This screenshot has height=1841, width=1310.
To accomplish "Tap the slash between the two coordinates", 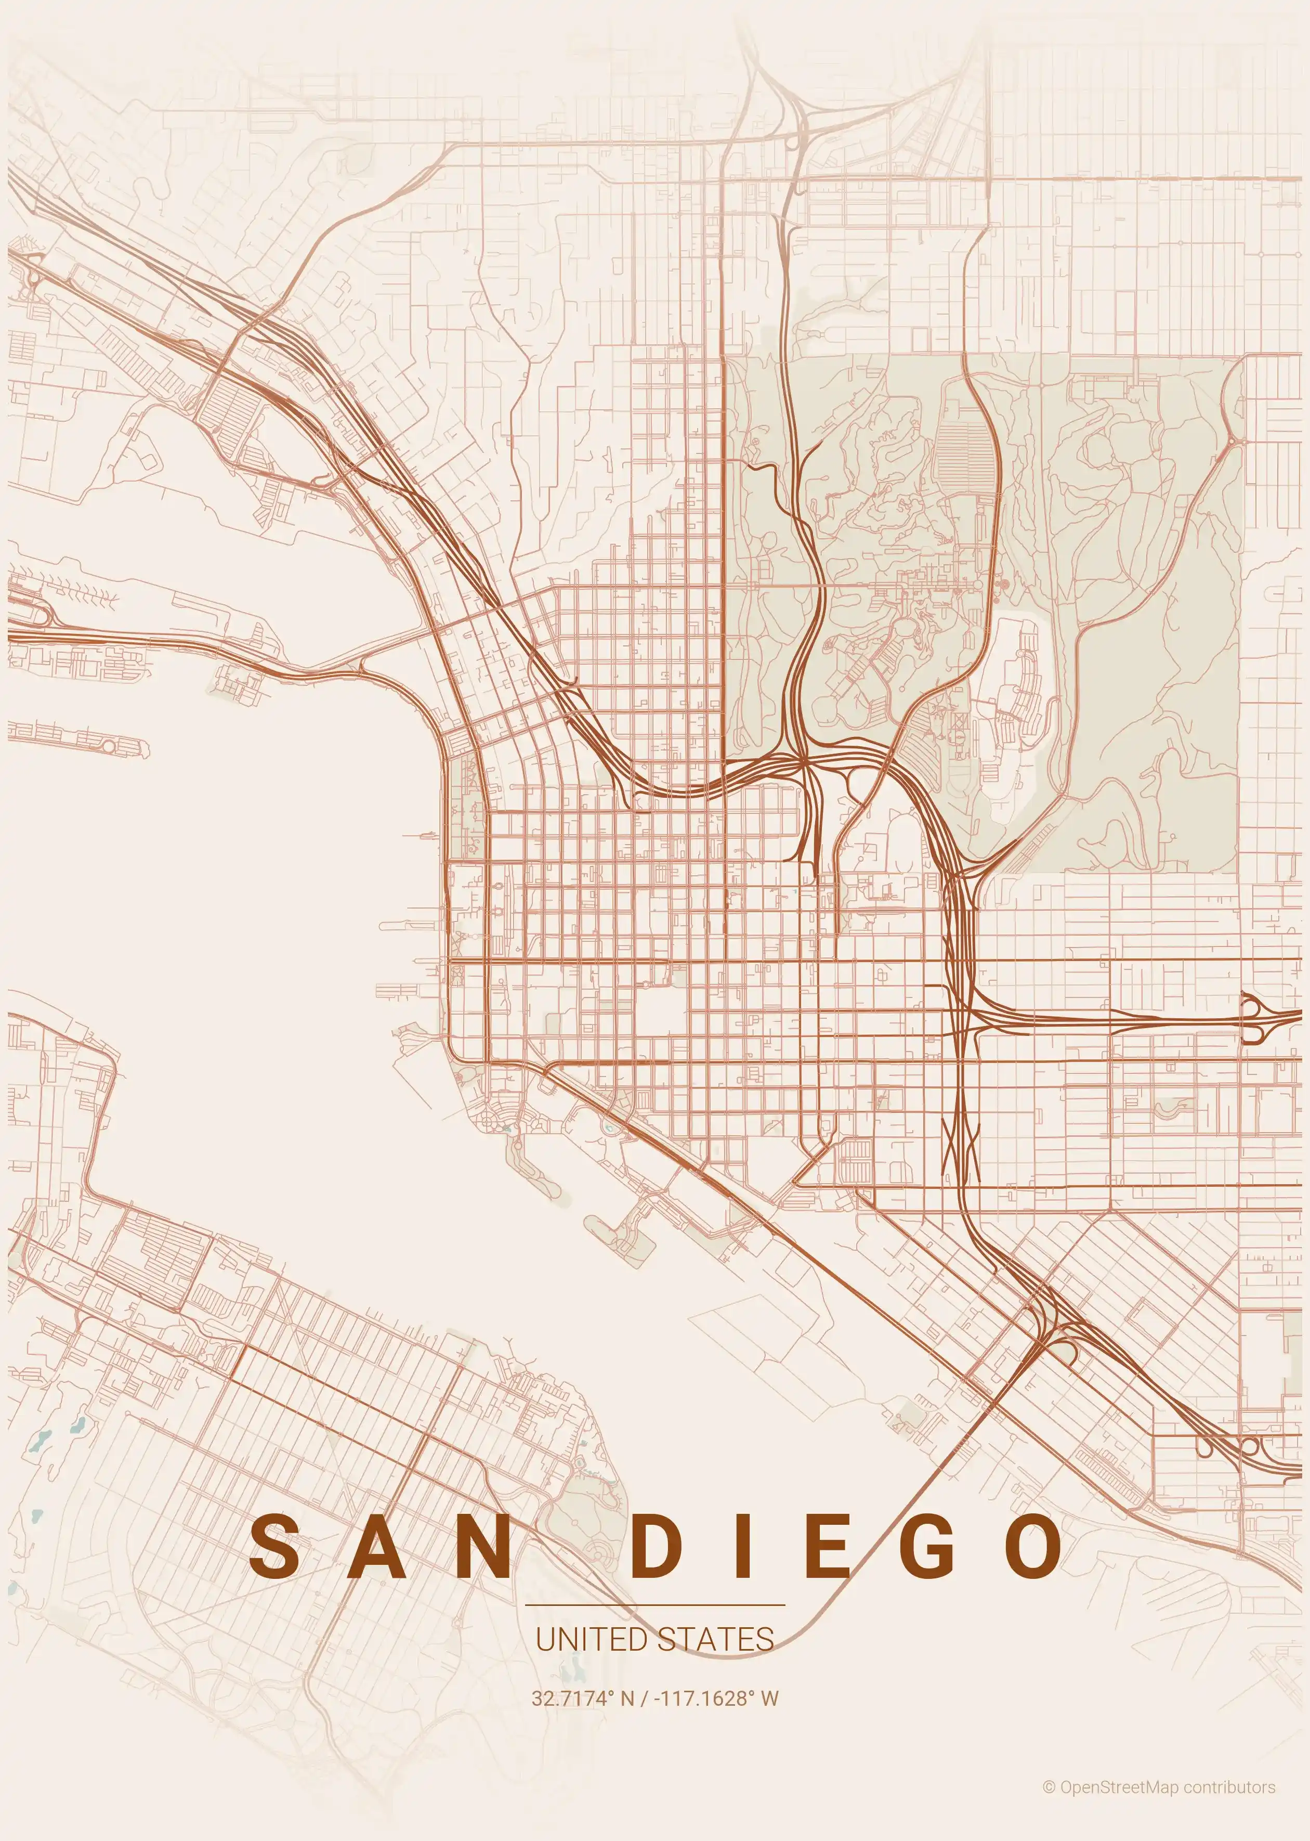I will pos(644,1698).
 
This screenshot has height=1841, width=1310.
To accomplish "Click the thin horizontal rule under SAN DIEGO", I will pos(654,1606).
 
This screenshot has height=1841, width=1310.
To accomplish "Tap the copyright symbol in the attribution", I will pos(1049,1781).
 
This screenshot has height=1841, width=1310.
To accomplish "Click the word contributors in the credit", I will pos(1229,1781).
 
